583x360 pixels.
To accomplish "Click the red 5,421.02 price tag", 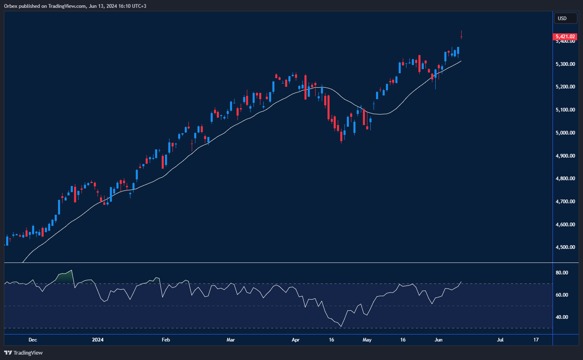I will point(565,37).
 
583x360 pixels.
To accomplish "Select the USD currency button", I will point(562,18).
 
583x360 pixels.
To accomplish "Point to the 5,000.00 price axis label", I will point(565,133).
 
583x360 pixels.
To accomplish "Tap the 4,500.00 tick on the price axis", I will point(565,247).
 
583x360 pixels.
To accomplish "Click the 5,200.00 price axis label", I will point(565,87).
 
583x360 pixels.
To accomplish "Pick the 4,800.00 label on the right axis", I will point(565,179).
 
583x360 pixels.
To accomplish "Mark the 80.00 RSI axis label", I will point(562,273).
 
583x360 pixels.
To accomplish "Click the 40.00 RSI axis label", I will point(562,317).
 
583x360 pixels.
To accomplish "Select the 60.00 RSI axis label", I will point(562,295).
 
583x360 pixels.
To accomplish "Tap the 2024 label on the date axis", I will point(98,340).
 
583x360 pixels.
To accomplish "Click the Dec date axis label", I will point(33,340).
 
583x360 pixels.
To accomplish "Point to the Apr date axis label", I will point(295,340).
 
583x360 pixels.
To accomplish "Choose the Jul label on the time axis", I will point(500,340).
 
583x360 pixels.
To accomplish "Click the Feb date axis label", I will point(166,340).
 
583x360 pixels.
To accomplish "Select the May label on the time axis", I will point(367,340).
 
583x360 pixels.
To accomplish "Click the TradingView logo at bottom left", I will point(23,353).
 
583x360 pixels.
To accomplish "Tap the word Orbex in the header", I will point(11,6).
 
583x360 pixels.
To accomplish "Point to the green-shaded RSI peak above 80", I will point(66,276).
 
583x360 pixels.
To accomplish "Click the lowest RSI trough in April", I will point(341,326).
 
